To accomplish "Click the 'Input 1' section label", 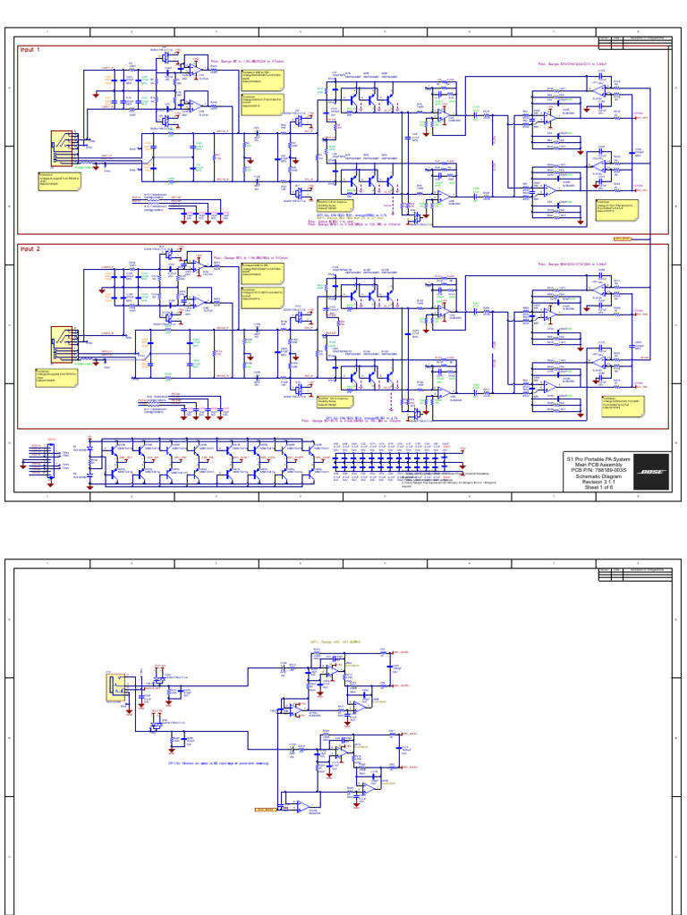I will click(x=30, y=50).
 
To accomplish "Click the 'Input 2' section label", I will click(x=30, y=249).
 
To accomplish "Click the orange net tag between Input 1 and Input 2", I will click(x=623, y=239).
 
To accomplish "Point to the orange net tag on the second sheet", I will click(x=266, y=810).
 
